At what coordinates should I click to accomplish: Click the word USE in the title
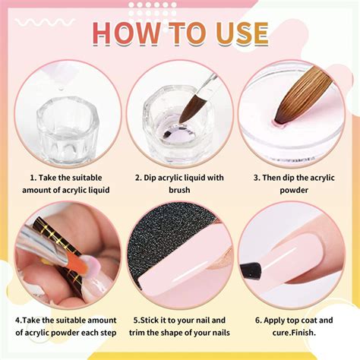point(236,33)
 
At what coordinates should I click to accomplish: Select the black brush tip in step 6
point(254,269)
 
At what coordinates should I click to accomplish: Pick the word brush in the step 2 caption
point(180,190)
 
